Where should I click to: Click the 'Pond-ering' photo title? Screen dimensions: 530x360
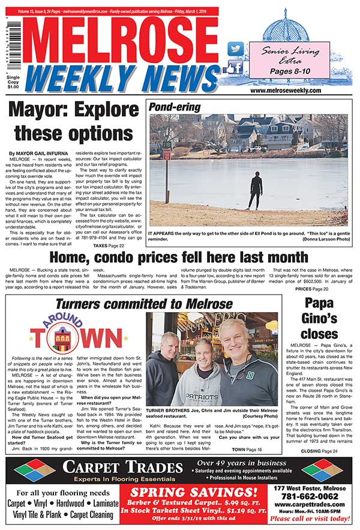[x=173, y=107]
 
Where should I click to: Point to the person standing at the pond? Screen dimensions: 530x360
[x=257, y=190]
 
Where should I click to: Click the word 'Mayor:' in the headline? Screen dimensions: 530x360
[x=46, y=110]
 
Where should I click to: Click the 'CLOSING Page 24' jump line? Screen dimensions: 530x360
[x=320, y=451]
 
